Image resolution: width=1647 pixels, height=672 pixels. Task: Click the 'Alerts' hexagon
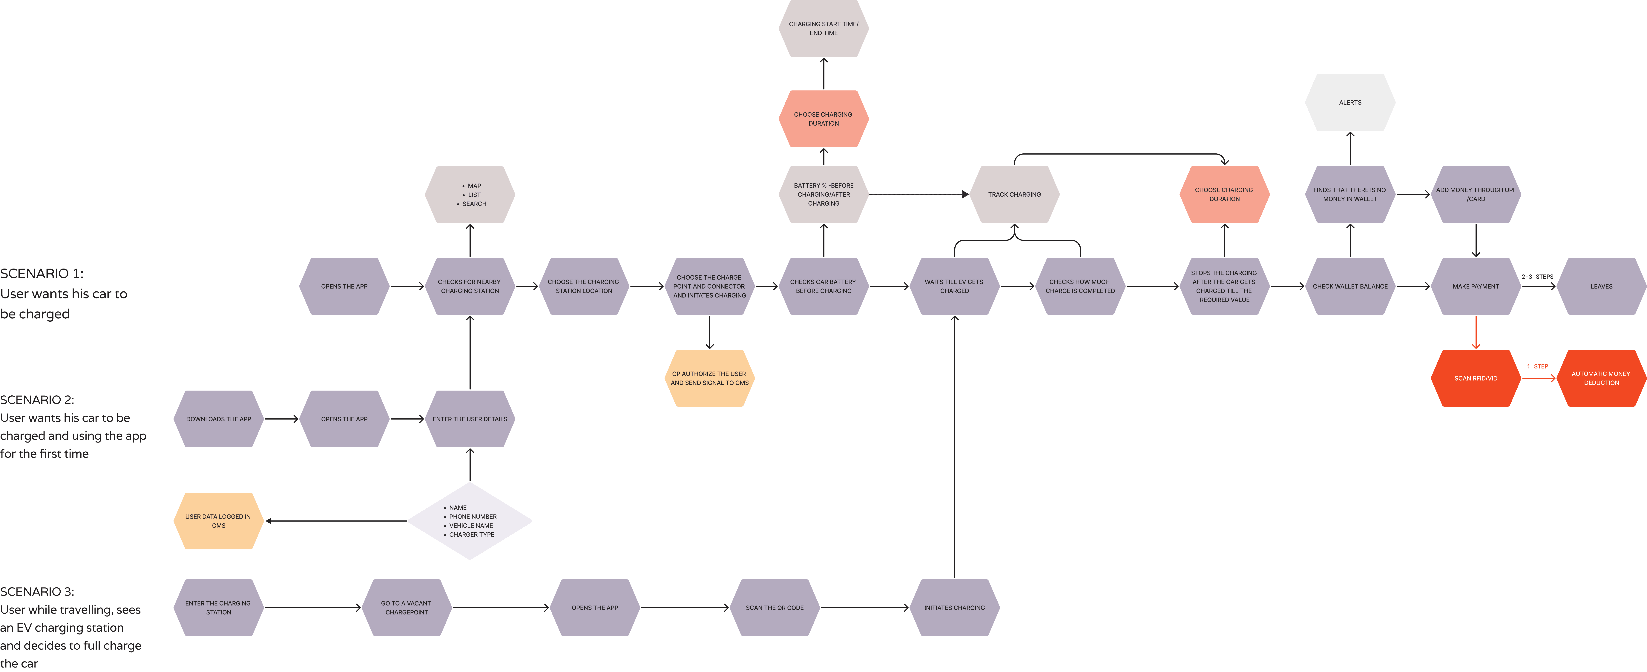[1350, 102]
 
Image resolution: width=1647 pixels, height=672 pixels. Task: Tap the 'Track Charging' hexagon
[1014, 194]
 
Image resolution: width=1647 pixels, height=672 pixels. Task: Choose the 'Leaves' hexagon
[1601, 286]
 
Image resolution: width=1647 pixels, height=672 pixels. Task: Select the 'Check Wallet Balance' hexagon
[1350, 286]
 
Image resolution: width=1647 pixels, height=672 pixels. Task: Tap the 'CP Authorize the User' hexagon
[709, 378]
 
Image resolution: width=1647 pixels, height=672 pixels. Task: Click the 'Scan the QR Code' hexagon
[774, 608]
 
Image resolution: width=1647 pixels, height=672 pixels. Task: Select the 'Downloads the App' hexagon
[218, 419]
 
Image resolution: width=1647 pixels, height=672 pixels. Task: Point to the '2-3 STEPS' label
[1537, 277]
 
